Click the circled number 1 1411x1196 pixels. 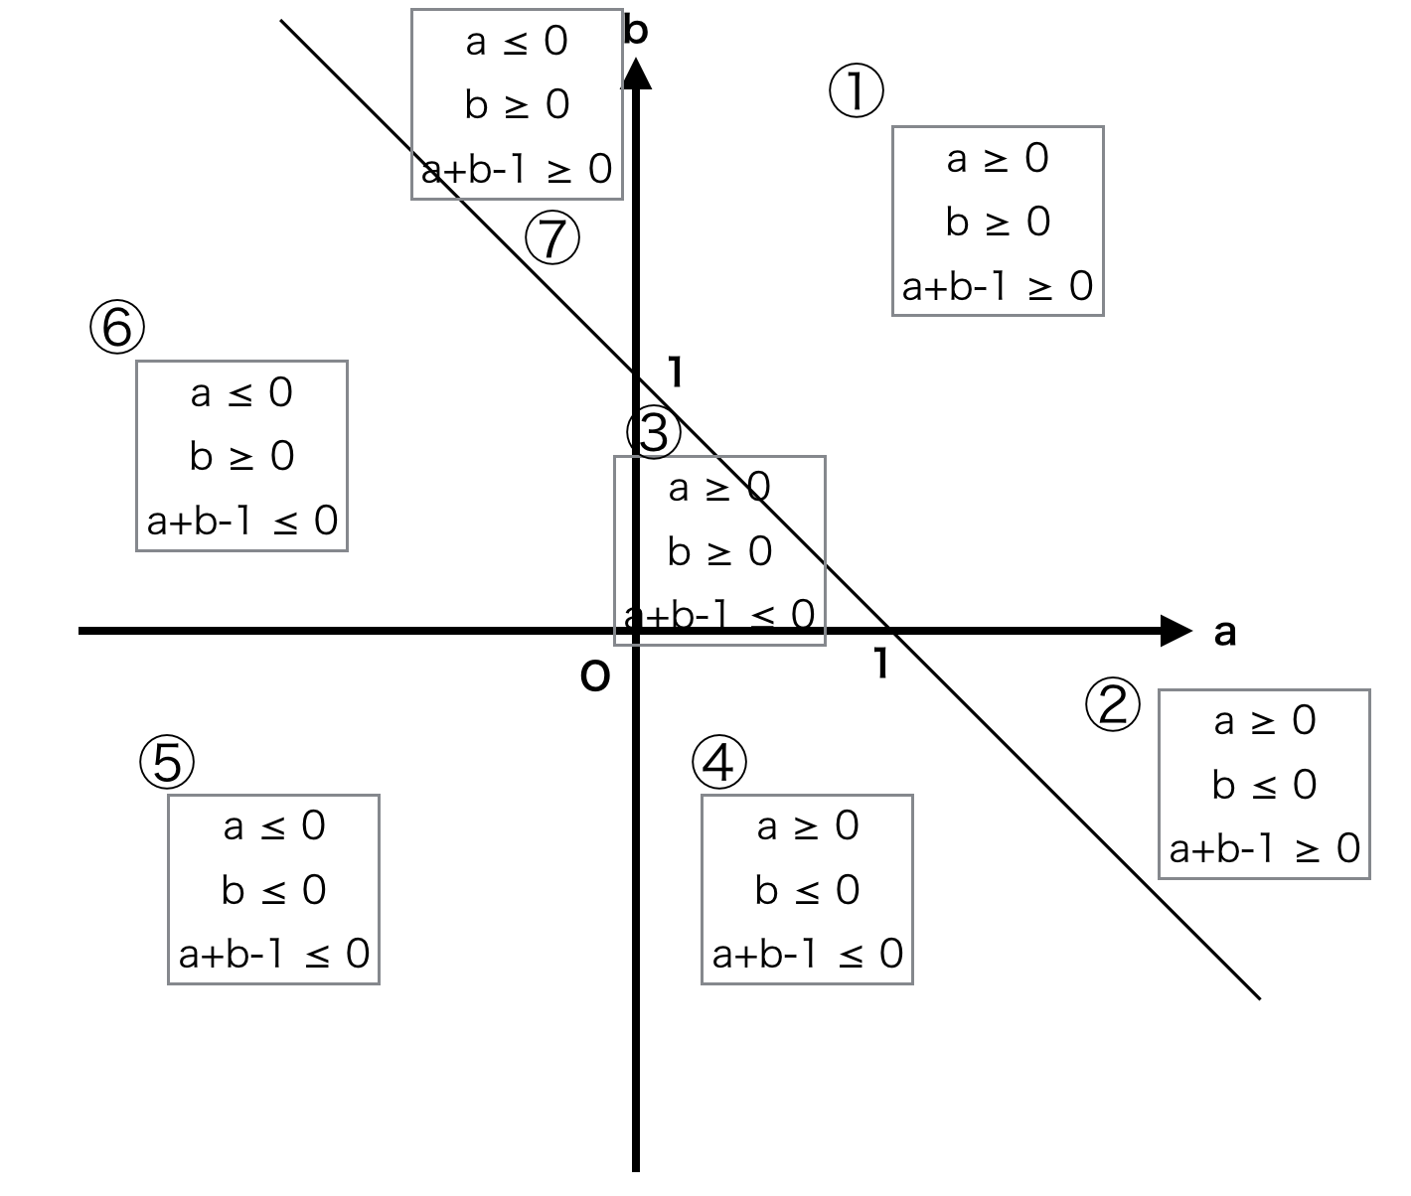tap(856, 90)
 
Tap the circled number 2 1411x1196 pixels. tap(1113, 704)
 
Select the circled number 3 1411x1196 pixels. tap(653, 431)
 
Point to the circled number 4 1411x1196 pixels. tap(718, 761)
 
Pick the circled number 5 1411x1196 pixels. tap(167, 761)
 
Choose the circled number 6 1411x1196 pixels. tap(116, 326)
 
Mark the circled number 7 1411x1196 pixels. tap(551, 237)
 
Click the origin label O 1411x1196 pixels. tap(594, 676)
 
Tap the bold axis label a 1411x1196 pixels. tap(1224, 633)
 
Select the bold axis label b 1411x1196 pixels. tap(636, 30)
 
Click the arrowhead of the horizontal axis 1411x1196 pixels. tap(1176, 631)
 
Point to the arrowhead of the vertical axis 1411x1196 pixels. tap(636, 74)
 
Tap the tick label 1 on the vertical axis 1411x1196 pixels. tap(675, 373)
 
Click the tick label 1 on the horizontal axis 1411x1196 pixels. tap(881, 664)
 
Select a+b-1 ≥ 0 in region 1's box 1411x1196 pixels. tap(998, 286)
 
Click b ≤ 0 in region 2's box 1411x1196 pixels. tap(1264, 785)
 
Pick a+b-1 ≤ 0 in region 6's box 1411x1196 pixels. tap(242, 522)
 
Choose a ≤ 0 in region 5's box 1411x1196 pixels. tap(273, 826)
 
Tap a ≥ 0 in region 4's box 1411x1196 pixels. tap(808, 826)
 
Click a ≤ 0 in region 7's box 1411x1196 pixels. tap(517, 41)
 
